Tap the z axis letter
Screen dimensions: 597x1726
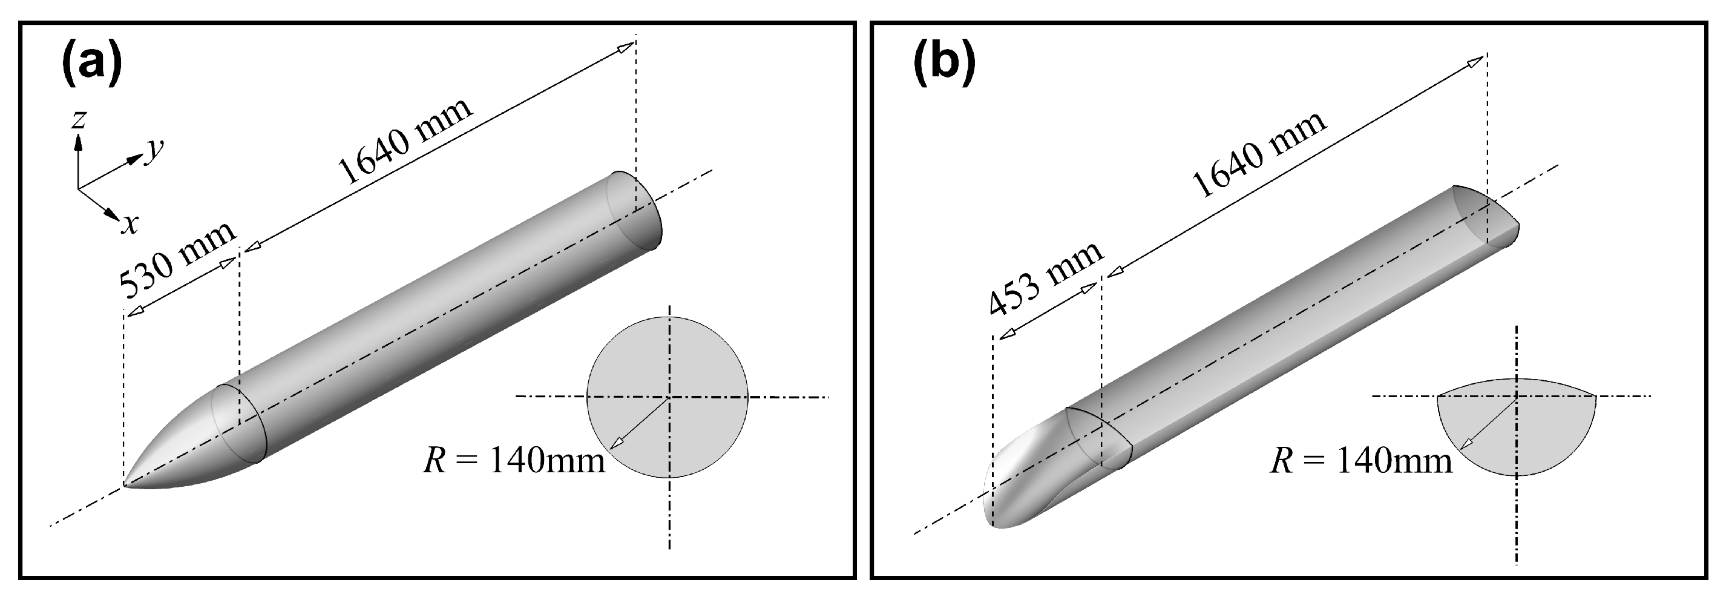pos(79,120)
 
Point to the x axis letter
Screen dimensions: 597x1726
pos(130,224)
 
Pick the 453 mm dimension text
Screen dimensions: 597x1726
pos(1045,277)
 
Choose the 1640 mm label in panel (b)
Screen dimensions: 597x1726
pos(1259,154)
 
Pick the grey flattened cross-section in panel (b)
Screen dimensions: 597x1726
pos(1541,435)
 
